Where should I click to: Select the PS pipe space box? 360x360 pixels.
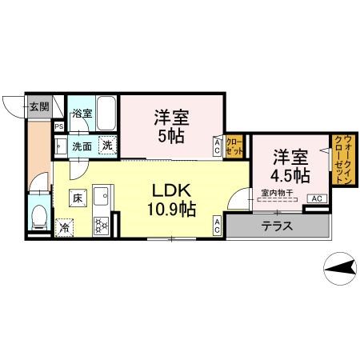coord(59,126)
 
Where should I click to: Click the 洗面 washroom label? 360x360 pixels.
coord(82,146)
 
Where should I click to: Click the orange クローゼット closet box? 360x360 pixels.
coord(234,146)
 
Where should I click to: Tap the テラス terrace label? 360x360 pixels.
coord(278,226)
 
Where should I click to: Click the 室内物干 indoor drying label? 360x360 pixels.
coord(274,192)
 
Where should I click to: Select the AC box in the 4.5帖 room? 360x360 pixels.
coord(315,198)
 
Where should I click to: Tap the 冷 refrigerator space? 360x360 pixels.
coord(64,226)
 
